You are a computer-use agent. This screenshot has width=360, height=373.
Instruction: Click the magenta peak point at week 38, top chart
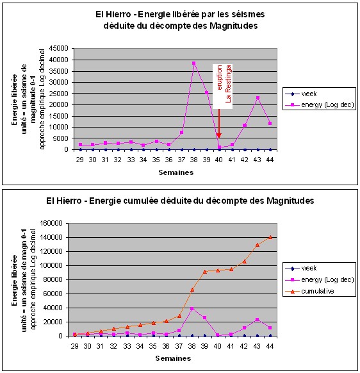tap(194, 63)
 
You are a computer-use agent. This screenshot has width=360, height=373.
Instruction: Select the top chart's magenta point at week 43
tap(258, 98)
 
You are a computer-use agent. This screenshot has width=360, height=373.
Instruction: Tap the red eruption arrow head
tap(219, 136)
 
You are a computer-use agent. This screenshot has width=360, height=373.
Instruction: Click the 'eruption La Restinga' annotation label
tap(222, 86)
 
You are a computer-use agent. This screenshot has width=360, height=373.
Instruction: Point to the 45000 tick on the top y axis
tap(59, 49)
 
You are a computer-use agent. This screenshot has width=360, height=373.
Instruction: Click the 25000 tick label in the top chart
tap(59, 94)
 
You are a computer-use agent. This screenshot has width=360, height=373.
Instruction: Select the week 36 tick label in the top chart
tap(168, 160)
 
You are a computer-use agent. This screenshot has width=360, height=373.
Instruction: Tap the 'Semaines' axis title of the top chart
tap(176, 172)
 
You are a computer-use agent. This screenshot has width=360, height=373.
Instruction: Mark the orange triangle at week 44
tap(270, 237)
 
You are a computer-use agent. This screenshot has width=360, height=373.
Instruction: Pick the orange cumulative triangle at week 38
tap(192, 290)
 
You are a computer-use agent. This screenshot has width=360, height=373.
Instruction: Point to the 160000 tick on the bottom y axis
tap(51, 224)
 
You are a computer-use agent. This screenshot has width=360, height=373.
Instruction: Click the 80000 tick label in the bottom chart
tap(53, 279)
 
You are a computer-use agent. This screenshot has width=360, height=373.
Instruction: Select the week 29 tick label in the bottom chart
tap(75, 346)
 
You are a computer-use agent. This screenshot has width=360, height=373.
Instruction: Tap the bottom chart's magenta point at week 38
tap(192, 309)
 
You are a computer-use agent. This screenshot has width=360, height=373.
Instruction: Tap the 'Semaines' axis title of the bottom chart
tap(173, 358)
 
